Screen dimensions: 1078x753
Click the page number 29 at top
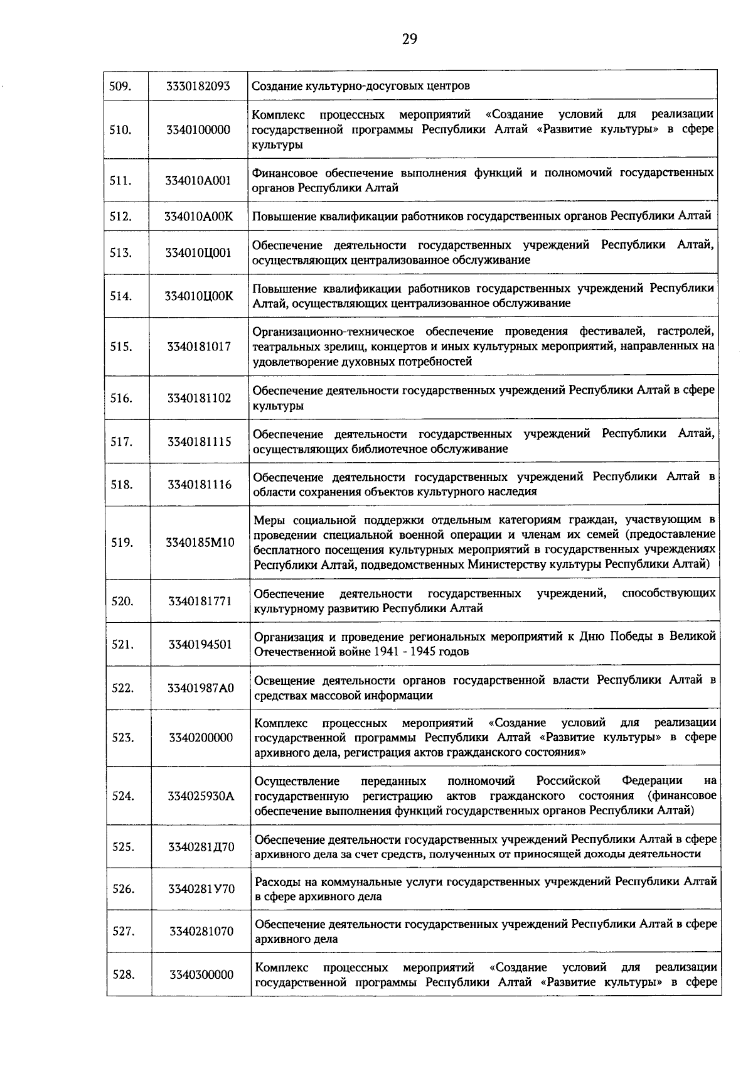pos(409,40)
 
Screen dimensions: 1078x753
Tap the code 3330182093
pos(198,86)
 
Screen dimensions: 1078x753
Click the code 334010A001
pos(198,180)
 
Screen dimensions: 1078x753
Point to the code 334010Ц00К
pos(198,296)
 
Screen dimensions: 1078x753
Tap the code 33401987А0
pos(200,688)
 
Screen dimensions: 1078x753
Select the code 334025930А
pos(200,796)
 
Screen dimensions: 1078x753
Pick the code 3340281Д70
pos(201,847)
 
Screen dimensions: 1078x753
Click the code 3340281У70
pos(201,889)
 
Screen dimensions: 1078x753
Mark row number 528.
pos(124,975)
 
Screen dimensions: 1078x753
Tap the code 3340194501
pos(200,644)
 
